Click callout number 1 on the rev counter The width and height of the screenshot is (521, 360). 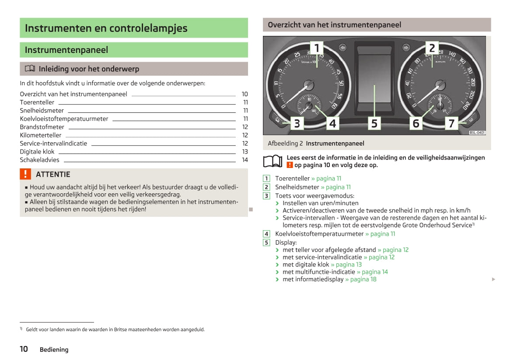[x=317, y=48]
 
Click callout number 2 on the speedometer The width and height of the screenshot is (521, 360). [x=432, y=48]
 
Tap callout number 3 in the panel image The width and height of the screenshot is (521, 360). [x=297, y=123]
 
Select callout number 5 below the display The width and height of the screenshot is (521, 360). [x=374, y=123]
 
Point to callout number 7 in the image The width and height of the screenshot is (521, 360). [x=451, y=123]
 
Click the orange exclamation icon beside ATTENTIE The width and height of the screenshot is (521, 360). [x=26, y=174]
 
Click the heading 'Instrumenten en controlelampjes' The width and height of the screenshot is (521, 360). [x=106, y=28]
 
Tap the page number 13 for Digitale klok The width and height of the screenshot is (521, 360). [x=245, y=152]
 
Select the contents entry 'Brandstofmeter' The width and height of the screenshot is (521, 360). [x=42, y=127]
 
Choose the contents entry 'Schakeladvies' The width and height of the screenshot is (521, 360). [x=39, y=160]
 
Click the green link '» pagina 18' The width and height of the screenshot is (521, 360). [x=360, y=280]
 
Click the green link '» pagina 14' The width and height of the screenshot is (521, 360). [x=372, y=272]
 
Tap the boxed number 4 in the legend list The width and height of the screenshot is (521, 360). [x=266, y=234]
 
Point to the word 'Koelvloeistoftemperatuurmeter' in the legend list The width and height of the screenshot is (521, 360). [x=319, y=234]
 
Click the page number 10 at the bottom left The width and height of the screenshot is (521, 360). [x=24, y=349]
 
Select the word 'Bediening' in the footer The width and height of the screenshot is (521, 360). [x=54, y=350]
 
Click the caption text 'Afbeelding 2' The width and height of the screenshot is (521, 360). [x=285, y=143]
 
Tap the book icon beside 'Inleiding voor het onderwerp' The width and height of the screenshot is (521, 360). [x=30, y=69]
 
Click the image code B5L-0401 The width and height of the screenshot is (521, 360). [x=477, y=133]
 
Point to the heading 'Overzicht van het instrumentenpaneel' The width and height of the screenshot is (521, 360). [x=334, y=25]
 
